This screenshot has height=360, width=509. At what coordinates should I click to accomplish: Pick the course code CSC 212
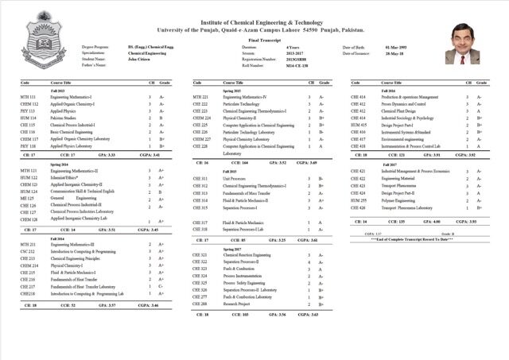[27, 251]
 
